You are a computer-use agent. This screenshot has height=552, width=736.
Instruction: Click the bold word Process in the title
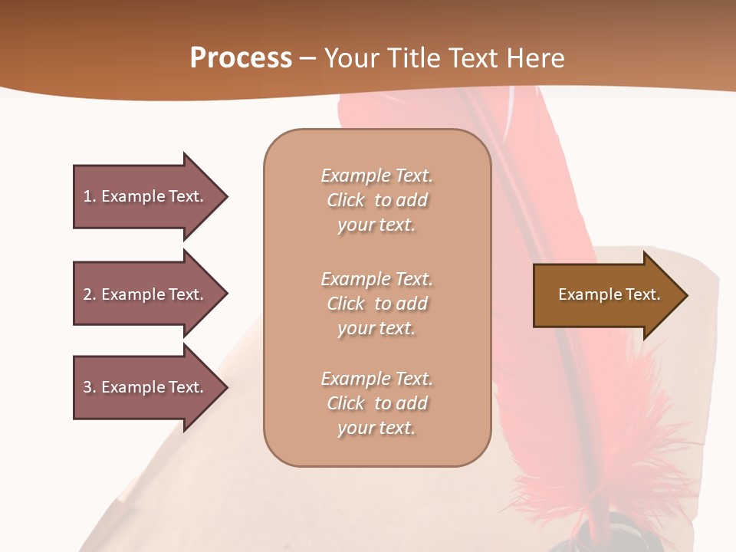pyautogui.click(x=241, y=58)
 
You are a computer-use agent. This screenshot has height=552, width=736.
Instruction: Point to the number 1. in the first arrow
pyautogui.click(x=90, y=196)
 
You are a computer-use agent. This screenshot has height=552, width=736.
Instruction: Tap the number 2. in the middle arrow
pyautogui.click(x=90, y=294)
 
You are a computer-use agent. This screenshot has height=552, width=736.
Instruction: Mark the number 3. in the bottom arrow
pyautogui.click(x=90, y=387)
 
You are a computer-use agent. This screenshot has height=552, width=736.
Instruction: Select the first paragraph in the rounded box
pyautogui.click(x=376, y=200)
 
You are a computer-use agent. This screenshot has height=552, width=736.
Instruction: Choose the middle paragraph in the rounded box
pyautogui.click(x=376, y=304)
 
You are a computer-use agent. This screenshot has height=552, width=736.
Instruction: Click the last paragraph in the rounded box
pyautogui.click(x=376, y=403)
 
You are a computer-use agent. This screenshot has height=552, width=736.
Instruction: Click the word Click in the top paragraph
pyautogui.click(x=346, y=200)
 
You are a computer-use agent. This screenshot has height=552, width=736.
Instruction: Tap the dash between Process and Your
pyautogui.click(x=307, y=59)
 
